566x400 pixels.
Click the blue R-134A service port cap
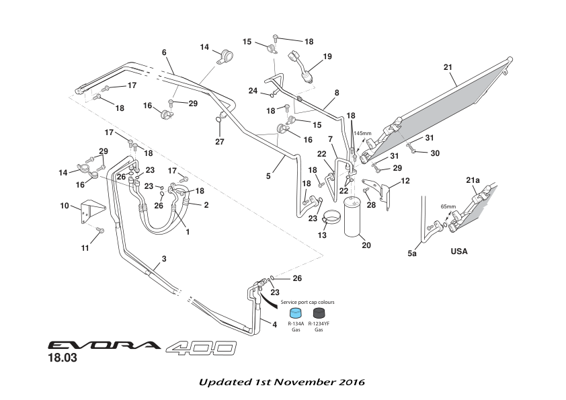pyautogui.click(x=295, y=313)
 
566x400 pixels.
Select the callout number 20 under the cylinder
pyautogui.click(x=366, y=245)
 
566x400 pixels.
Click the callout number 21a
pyautogui.click(x=473, y=181)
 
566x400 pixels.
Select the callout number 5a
pyautogui.click(x=413, y=255)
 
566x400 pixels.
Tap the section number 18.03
pyautogui.click(x=62, y=359)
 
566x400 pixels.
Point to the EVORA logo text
pyautogui.click(x=104, y=346)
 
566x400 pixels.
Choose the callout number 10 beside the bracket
pyautogui.click(x=65, y=205)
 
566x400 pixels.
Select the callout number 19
pyautogui.click(x=327, y=57)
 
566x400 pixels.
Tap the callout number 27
pyautogui.click(x=220, y=142)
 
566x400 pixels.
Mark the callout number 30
pyautogui.click(x=434, y=153)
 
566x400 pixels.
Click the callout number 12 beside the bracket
pyautogui.click(x=405, y=181)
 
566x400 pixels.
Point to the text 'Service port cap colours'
pyautogui.click(x=307, y=303)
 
